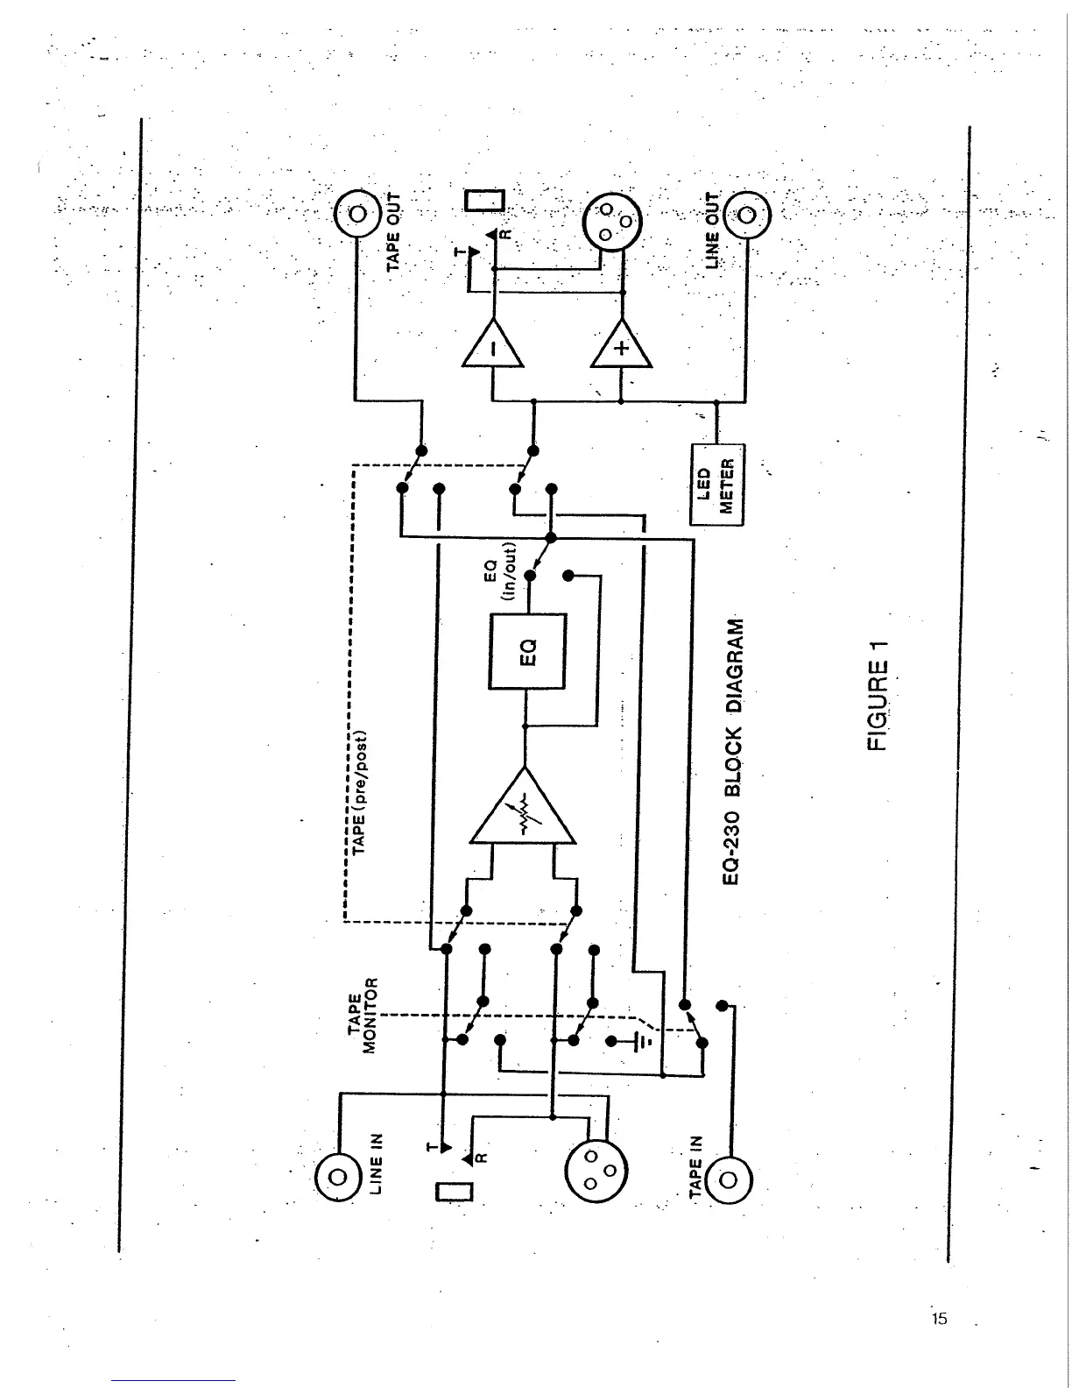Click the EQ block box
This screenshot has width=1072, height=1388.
[527, 652]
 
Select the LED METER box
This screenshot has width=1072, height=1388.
[716, 484]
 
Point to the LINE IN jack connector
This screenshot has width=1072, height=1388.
[340, 1177]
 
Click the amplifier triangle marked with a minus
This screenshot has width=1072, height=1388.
[492, 349]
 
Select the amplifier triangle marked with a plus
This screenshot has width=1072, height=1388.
[621, 349]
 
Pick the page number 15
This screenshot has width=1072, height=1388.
[940, 1318]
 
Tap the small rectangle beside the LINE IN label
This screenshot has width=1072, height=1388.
[454, 1192]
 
